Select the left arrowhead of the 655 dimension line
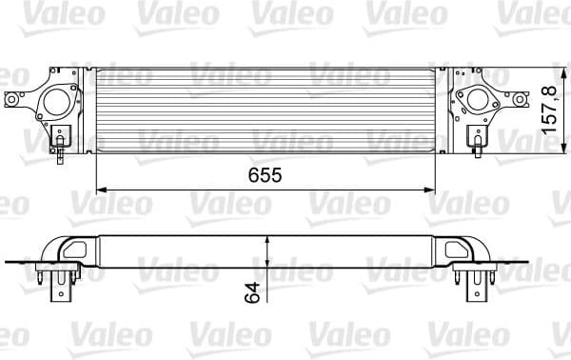99,188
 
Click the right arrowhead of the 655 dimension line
443,188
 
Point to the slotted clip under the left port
62,141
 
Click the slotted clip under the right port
476,141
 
